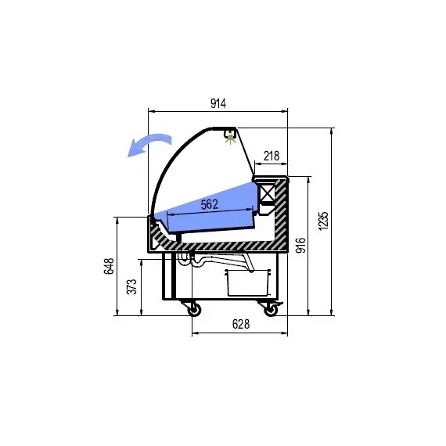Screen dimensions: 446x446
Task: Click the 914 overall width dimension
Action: (x=218, y=103)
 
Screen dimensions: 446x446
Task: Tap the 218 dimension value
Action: (x=272, y=156)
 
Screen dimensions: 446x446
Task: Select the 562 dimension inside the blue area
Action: (x=210, y=204)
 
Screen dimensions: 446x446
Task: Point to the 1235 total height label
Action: (x=323, y=221)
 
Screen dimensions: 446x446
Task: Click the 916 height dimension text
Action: (x=300, y=245)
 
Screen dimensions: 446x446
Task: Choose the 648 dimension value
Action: (x=109, y=266)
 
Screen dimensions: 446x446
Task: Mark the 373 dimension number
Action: (x=131, y=286)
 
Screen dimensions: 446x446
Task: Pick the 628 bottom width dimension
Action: (x=241, y=324)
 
